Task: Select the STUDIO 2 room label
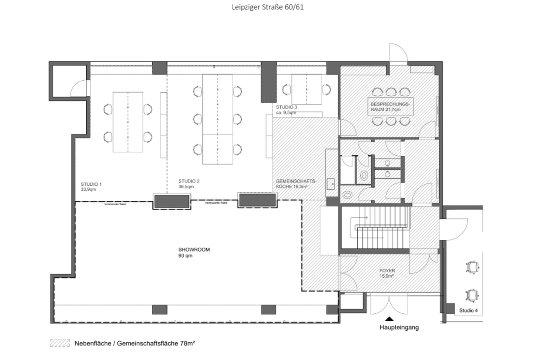[x=189, y=181]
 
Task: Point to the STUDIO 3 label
[x=287, y=106]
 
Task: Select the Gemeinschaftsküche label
[x=296, y=184]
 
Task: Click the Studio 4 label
[x=468, y=310]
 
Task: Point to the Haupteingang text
[x=399, y=327]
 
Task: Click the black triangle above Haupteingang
[x=389, y=319]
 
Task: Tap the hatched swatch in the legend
[x=60, y=344]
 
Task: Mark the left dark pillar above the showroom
[x=172, y=201]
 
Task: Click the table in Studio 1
[x=128, y=122]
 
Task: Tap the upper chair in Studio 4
[x=473, y=267]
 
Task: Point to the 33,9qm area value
[x=90, y=188]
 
